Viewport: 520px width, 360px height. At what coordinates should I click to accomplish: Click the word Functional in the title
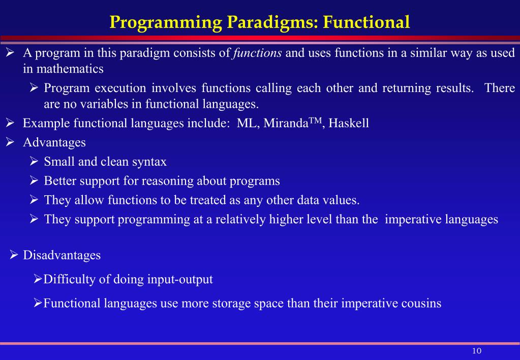click(x=366, y=22)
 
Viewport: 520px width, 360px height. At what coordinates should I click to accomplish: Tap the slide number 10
click(x=477, y=351)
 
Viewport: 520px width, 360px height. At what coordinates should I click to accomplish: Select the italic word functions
click(x=257, y=53)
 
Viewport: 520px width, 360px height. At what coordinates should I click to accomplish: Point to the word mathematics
click(x=70, y=69)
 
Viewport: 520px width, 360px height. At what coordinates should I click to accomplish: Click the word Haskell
click(x=349, y=123)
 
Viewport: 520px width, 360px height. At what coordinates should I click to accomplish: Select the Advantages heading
click(x=54, y=143)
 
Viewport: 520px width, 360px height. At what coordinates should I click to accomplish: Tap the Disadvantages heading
click(x=62, y=255)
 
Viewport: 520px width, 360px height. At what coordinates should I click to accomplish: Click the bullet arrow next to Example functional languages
click(x=10, y=123)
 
